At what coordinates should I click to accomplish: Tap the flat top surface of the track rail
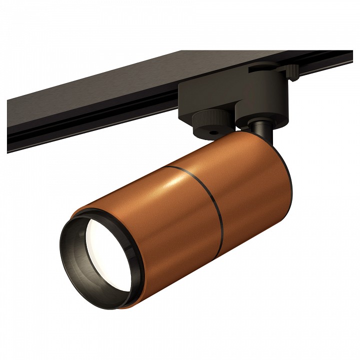(x=125, y=80)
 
